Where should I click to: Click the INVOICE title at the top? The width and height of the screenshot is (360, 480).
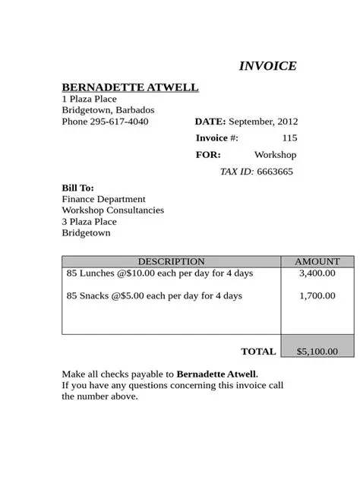coord(267,66)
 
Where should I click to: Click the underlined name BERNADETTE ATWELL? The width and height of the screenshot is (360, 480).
coord(130,87)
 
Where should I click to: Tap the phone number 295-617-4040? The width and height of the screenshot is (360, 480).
coord(119,122)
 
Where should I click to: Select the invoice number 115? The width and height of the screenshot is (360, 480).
coord(289,138)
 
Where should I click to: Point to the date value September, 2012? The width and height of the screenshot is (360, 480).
coord(263,122)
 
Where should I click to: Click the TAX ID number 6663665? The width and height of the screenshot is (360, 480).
coord(274,172)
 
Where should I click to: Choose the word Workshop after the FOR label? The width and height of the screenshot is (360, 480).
coord(275,155)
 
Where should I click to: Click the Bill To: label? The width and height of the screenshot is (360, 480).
coord(77,188)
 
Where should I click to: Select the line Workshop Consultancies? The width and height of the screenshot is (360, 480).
coord(112,210)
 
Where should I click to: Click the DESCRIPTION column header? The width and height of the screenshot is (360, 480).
coord(171,262)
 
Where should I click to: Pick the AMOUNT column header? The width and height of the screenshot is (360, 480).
coord(317,262)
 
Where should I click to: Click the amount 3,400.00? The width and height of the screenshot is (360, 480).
coord(317,273)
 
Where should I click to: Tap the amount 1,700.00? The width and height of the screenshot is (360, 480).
coord(317,296)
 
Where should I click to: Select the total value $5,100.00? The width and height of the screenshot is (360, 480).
coord(317,352)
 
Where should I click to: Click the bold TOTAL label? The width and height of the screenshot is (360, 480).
coord(258,352)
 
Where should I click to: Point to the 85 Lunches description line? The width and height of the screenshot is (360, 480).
coord(159,273)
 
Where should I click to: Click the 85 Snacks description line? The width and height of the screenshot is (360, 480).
coord(154,296)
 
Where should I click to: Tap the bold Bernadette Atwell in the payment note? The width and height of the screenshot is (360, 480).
coord(216,374)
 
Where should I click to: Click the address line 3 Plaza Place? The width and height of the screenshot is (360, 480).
coord(89,222)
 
